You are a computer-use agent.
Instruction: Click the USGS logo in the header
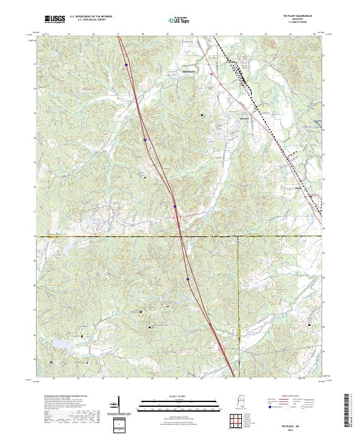(55, 20)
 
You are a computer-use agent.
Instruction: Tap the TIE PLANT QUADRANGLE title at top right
(297, 16)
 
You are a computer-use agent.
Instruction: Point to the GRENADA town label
(189, 71)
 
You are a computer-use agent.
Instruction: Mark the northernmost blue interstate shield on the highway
(127, 65)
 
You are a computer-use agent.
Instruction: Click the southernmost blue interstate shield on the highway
(188, 279)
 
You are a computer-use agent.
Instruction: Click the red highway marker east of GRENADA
(212, 74)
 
